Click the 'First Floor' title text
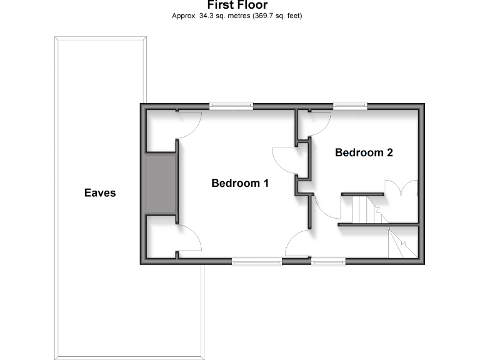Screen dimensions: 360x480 click(x=237, y=5)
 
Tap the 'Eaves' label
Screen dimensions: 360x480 click(x=100, y=193)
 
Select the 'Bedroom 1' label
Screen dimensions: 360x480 click(x=240, y=183)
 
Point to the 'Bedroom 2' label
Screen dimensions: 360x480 click(x=364, y=152)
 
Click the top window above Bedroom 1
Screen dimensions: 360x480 click(x=231, y=106)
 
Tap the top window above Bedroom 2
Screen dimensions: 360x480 click(x=349, y=106)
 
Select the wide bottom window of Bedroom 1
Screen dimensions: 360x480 click(x=256, y=262)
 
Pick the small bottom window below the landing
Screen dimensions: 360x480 click(x=328, y=262)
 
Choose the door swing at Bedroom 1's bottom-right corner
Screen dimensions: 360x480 click(x=298, y=243)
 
